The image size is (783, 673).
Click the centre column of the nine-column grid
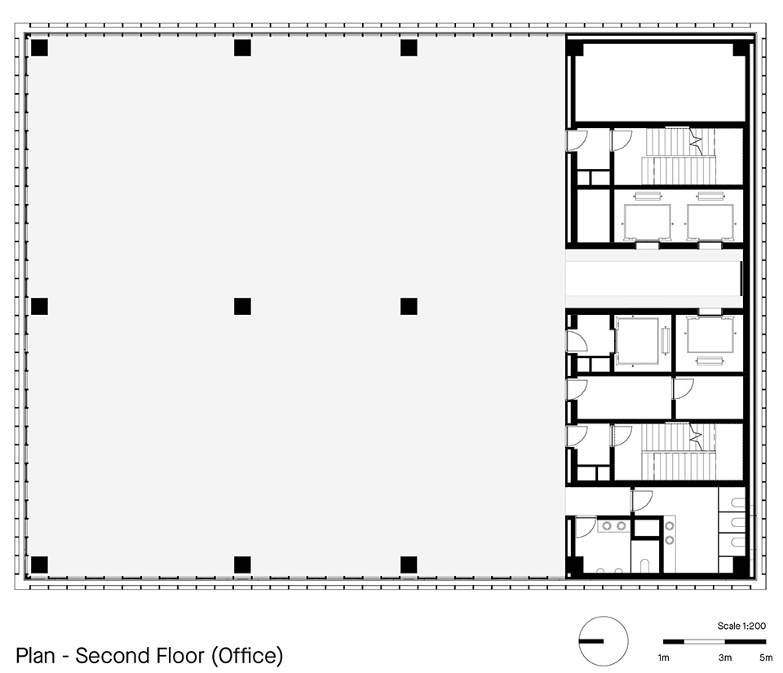pyautogui.click(x=242, y=306)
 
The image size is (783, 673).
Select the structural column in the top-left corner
pyautogui.click(x=39, y=48)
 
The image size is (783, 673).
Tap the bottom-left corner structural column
pyautogui.click(x=39, y=565)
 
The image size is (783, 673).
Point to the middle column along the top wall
pyautogui.click(x=242, y=48)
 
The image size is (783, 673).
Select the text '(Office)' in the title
pyautogui.click(x=247, y=656)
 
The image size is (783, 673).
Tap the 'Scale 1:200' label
pyautogui.click(x=741, y=626)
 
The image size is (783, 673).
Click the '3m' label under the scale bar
pyautogui.click(x=725, y=658)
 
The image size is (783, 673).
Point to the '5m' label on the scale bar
pyautogui.click(x=766, y=658)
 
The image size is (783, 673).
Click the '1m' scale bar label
pyautogui.click(x=664, y=658)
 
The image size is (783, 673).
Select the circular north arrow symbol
pyautogui.click(x=604, y=641)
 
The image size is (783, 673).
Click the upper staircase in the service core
pyautogui.click(x=679, y=157)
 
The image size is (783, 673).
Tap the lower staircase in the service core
pyautogui.click(x=679, y=452)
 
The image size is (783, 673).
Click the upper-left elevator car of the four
pyautogui.click(x=647, y=222)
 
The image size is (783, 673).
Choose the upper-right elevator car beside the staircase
pyautogui.click(x=710, y=222)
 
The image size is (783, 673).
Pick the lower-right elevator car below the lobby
pyautogui.click(x=710, y=334)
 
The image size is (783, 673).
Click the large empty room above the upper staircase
pyautogui.click(x=660, y=82)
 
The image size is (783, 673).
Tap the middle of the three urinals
pyautogui.click(x=739, y=522)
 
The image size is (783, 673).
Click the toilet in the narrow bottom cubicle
pyautogui.click(x=644, y=565)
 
